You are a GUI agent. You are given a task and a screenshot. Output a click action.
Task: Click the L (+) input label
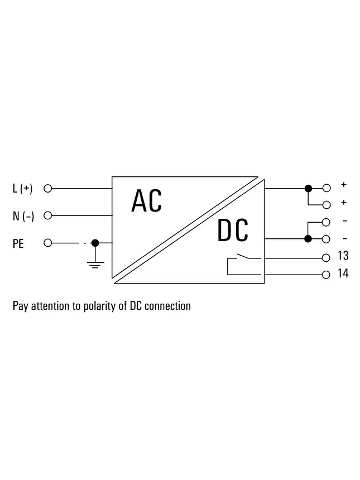pyautogui.click(x=23, y=188)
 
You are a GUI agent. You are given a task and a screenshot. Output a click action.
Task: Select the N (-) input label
pyautogui.click(x=23, y=216)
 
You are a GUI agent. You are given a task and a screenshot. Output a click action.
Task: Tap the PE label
pyautogui.click(x=18, y=244)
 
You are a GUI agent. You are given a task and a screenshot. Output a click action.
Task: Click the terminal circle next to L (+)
pyautogui.click(x=48, y=189)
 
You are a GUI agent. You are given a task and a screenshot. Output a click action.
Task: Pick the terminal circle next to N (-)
pyautogui.click(x=48, y=215)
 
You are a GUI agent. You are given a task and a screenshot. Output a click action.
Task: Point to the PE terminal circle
pyautogui.click(x=48, y=243)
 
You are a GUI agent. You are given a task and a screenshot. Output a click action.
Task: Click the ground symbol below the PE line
pyautogui.click(x=95, y=265)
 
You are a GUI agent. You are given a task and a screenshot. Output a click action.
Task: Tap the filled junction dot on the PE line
pyautogui.click(x=95, y=243)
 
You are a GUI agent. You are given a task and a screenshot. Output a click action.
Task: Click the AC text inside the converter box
pyautogui.click(x=147, y=201)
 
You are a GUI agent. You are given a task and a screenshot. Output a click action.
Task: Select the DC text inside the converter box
pyautogui.click(x=233, y=230)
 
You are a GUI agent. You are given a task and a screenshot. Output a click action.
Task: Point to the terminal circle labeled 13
pyautogui.click(x=326, y=258)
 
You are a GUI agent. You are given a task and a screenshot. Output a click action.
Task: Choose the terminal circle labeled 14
pyautogui.click(x=326, y=275)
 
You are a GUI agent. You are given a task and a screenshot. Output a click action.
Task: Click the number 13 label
pyautogui.click(x=343, y=255)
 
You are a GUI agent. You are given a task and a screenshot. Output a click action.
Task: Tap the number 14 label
pyautogui.click(x=343, y=273)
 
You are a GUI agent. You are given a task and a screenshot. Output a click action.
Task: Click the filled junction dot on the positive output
pyautogui.click(x=308, y=188)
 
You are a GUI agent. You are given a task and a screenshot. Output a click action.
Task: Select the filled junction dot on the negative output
pyautogui.click(x=308, y=239)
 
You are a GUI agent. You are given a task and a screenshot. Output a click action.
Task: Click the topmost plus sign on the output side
pyautogui.click(x=344, y=185)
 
